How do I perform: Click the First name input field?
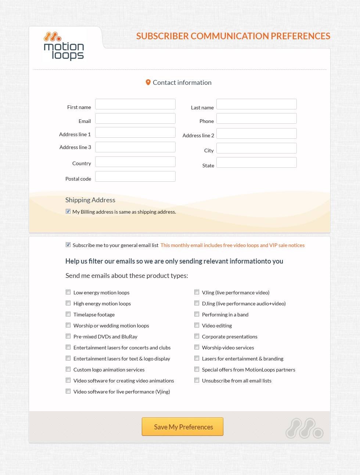135,104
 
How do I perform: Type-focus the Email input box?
135,119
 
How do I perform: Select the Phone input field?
256,119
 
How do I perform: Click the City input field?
256,148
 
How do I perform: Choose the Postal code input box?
135,177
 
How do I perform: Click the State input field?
256,163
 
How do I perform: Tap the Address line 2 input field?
256,134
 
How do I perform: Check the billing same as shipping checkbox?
68,211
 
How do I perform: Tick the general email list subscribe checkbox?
68,245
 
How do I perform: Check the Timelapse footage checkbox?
68,314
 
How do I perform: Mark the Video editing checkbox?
197,325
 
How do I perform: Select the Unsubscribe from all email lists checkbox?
197,380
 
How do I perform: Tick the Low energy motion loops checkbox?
68,292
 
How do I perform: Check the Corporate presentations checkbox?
197,336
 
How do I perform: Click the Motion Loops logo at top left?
64,47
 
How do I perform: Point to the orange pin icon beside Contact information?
148,82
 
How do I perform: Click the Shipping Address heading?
90,200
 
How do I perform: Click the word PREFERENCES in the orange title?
300,36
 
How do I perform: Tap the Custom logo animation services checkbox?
68,369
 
